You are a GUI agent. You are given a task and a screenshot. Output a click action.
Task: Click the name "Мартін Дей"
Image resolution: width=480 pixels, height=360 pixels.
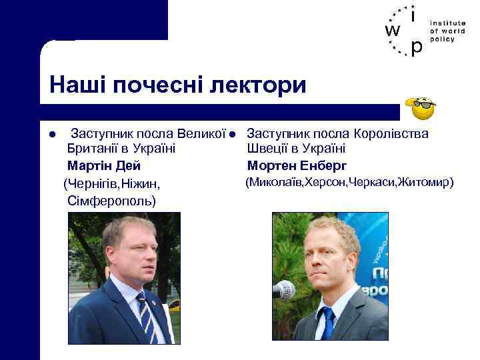tap(104, 165)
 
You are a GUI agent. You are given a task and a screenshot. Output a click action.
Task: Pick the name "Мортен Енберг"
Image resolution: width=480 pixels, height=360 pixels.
tap(297, 165)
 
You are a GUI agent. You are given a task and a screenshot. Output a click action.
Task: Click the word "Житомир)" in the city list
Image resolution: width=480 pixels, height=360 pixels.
tap(425, 181)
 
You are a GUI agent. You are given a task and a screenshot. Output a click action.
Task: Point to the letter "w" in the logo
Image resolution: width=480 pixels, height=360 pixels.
tap(393, 31)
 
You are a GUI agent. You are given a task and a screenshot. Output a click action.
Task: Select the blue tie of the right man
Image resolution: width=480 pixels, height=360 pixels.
tap(326, 323)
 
